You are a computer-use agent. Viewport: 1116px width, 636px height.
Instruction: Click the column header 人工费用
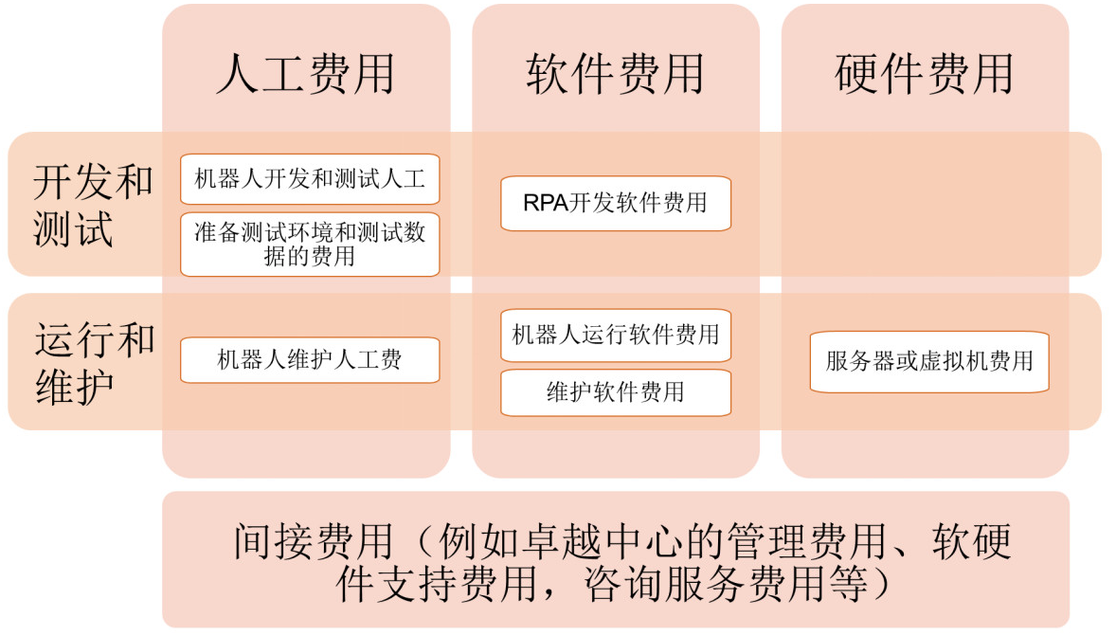(x=306, y=74)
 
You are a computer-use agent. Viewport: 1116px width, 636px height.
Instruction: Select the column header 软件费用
(x=616, y=74)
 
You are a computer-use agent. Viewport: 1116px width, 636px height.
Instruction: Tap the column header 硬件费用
(x=925, y=74)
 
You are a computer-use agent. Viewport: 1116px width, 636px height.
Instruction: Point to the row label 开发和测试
(x=93, y=205)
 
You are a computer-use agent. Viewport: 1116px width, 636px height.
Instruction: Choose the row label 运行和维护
(x=94, y=363)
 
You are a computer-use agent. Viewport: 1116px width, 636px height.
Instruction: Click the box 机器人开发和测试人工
(x=310, y=179)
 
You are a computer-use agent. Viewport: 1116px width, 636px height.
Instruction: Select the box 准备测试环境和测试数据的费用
(x=310, y=245)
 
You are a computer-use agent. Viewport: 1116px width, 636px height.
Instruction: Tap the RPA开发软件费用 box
(x=616, y=203)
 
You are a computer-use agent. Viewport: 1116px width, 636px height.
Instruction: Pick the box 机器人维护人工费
(x=310, y=359)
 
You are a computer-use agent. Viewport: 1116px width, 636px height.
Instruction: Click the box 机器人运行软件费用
(x=616, y=335)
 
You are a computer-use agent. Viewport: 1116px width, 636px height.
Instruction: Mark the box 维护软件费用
(x=616, y=392)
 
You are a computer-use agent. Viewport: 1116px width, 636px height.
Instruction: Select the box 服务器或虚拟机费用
(x=929, y=361)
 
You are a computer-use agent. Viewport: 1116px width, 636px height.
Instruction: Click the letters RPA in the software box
(x=546, y=203)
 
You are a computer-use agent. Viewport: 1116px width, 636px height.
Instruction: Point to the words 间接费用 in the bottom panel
(x=314, y=541)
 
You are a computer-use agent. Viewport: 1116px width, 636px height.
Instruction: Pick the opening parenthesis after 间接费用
(x=423, y=543)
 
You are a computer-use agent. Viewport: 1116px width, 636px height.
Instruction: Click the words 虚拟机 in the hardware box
(x=952, y=361)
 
